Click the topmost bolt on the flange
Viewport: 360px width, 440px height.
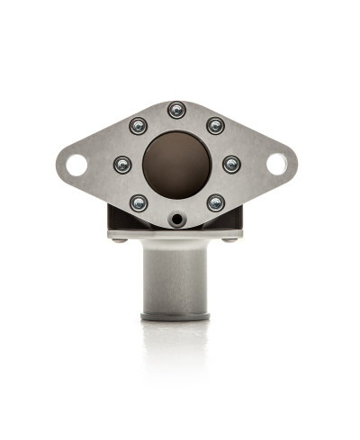point(176,110)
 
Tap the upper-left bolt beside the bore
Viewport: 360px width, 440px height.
point(138,126)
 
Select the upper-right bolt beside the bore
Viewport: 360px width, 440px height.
point(216,126)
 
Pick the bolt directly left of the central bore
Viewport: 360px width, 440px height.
point(122,165)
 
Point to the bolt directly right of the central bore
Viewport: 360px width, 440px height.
point(231,165)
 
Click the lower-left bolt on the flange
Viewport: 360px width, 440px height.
point(138,203)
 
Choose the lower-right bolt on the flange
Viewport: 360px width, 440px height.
point(216,203)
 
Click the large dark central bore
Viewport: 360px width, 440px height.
point(176,164)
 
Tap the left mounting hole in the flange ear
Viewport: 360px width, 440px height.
point(76,165)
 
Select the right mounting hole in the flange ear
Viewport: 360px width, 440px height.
point(277,165)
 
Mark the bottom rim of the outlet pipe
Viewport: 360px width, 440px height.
point(176,316)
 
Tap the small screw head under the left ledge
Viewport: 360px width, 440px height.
point(119,239)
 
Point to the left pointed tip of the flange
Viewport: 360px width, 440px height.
point(58,165)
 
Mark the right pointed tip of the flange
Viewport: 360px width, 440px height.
point(296,165)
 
